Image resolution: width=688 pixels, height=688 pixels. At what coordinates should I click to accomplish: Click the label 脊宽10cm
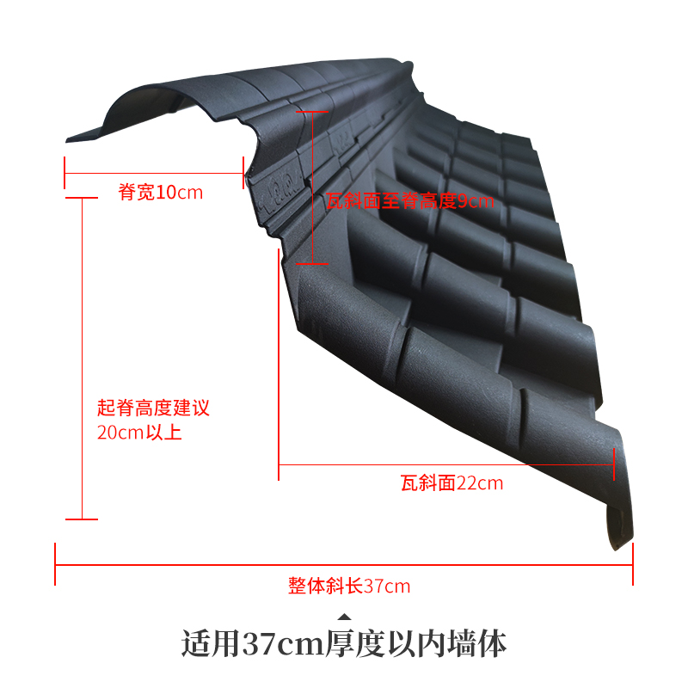point(161,192)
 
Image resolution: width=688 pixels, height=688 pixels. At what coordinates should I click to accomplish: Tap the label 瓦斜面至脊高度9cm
point(410,201)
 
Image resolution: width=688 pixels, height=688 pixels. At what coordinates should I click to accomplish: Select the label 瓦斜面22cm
point(451,483)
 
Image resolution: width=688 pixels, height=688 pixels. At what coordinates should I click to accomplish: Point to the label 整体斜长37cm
point(349,587)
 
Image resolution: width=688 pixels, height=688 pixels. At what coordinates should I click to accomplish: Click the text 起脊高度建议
point(153,408)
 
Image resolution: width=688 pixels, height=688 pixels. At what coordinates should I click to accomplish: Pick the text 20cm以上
point(139,433)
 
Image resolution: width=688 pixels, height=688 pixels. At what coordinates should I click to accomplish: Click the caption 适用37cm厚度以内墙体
point(344,643)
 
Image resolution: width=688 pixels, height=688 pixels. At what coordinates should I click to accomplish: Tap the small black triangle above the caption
point(344,616)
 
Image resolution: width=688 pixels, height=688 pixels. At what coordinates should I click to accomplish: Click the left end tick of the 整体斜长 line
point(56,564)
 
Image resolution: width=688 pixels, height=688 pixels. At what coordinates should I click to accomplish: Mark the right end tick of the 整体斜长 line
point(633,564)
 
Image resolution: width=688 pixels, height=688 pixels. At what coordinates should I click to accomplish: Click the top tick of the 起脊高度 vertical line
point(82,198)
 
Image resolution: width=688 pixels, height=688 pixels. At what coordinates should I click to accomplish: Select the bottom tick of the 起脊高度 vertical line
point(82,519)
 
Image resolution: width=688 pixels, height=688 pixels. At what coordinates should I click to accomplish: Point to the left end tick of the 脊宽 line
point(65,173)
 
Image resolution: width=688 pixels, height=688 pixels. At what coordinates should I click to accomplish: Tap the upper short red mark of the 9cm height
point(311,111)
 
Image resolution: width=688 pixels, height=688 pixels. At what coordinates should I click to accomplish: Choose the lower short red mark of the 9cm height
point(311,263)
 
